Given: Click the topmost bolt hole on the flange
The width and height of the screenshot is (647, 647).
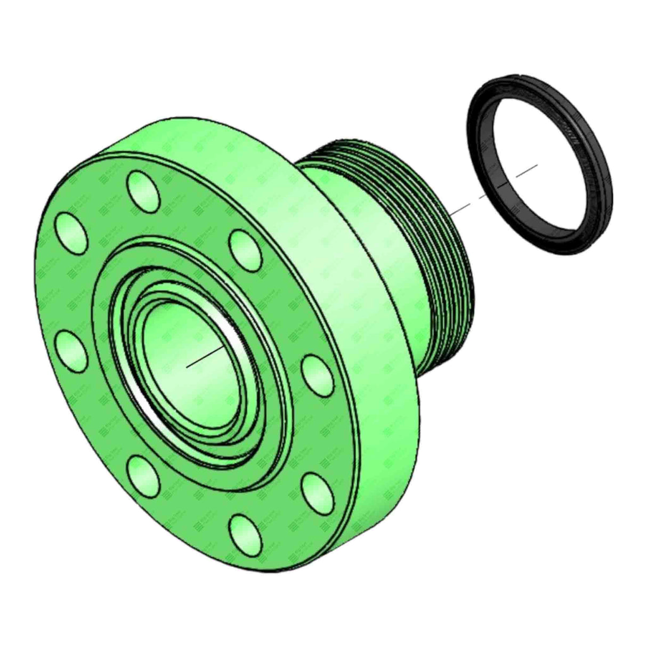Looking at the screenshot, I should pos(143,191).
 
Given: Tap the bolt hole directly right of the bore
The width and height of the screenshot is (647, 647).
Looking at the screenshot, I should pos(317,376).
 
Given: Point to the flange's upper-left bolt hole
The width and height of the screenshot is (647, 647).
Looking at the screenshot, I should pos(72,231).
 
